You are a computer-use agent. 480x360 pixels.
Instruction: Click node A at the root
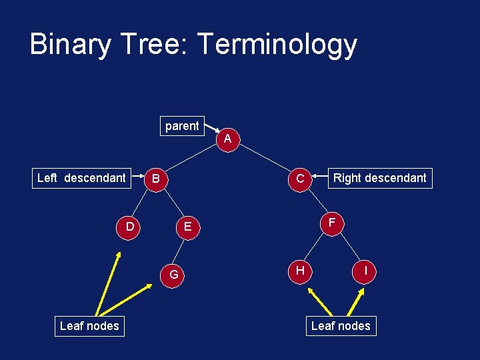(x=228, y=139)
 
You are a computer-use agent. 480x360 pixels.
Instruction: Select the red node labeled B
(x=155, y=179)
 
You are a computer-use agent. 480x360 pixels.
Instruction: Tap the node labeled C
(x=301, y=179)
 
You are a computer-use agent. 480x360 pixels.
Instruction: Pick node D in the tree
(x=130, y=227)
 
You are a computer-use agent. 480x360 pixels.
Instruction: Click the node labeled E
(x=188, y=227)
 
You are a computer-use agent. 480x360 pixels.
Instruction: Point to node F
(x=331, y=222)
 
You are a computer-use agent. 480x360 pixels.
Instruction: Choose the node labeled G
(x=173, y=274)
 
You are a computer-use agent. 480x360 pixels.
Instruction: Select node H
(x=301, y=270)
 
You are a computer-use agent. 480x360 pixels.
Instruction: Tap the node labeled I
(x=366, y=271)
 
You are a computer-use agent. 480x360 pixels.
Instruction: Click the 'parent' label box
(x=182, y=126)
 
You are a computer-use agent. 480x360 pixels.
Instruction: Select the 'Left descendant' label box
(x=81, y=178)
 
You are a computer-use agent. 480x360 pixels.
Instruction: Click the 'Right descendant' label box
(x=379, y=178)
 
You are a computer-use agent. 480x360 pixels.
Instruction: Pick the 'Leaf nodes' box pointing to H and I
(x=341, y=326)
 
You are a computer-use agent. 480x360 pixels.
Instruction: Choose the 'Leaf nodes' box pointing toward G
(x=89, y=326)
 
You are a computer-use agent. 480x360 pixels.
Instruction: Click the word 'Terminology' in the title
(x=277, y=45)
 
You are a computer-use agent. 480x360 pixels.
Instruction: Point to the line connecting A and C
(x=265, y=159)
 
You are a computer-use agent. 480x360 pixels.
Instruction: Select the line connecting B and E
(x=171, y=203)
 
